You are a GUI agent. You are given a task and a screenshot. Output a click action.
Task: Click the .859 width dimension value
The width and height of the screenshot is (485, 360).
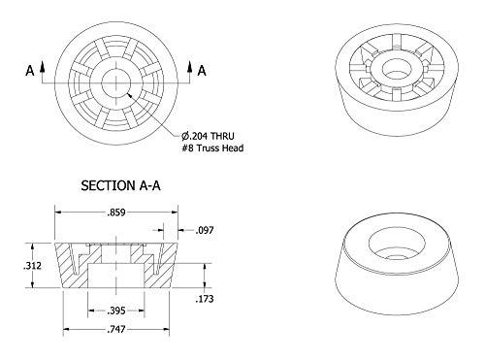[x=115, y=213]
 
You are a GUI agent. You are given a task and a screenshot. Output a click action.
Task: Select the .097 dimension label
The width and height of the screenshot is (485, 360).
[x=205, y=230]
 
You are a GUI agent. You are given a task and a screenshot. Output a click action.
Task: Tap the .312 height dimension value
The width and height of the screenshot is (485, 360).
[x=32, y=266]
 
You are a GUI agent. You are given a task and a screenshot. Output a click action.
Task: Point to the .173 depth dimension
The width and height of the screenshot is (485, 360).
[x=205, y=299]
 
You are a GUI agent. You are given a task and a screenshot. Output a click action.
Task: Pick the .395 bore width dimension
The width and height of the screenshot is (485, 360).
[x=115, y=311]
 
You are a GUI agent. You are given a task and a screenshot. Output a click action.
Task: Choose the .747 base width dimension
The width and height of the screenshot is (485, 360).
[x=115, y=330]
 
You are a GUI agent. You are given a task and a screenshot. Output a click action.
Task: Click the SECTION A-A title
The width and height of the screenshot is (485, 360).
[x=120, y=185]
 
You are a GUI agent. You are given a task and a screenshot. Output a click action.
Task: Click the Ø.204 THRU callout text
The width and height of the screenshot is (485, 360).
[x=208, y=136]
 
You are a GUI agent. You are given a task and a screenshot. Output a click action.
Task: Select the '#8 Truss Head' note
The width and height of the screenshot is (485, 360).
[x=212, y=148]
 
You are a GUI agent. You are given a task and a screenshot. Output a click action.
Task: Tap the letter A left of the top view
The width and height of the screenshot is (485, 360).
[x=30, y=71]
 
